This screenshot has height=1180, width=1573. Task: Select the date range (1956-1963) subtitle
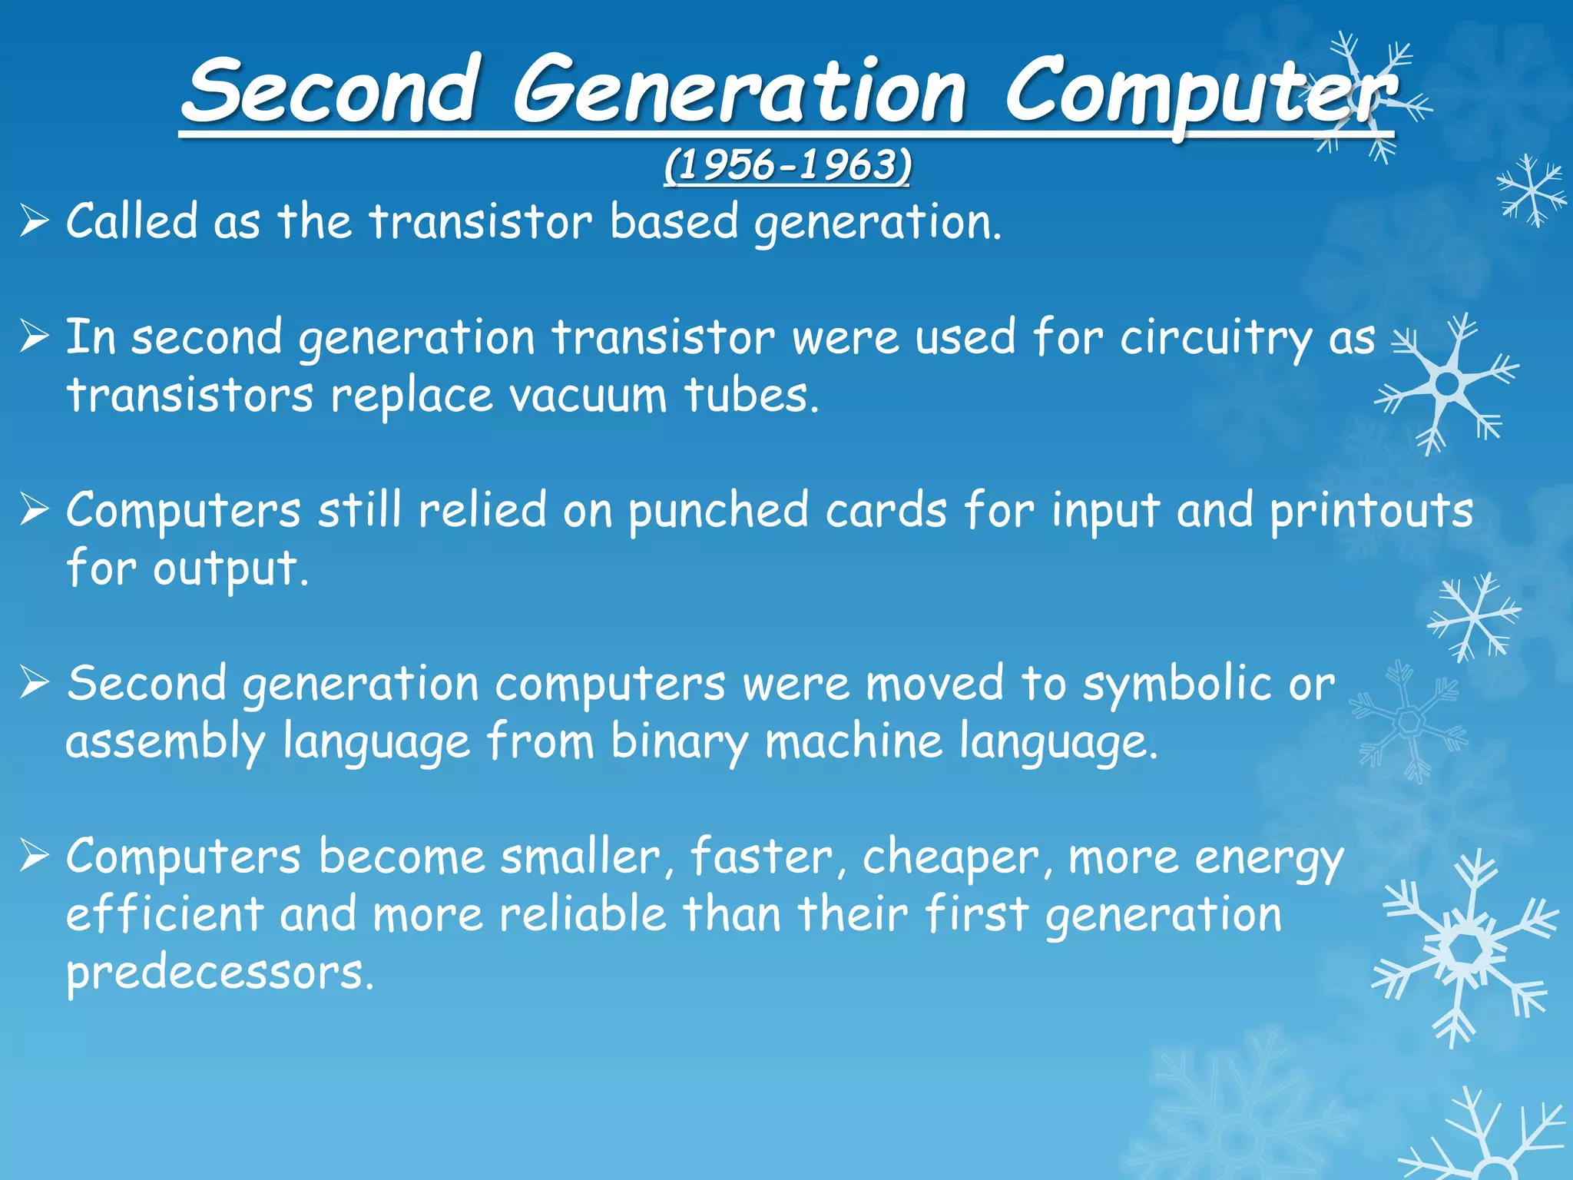pyautogui.click(x=787, y=165)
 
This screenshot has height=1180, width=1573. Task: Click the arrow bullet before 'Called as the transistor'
pyautogui.click(x=35, y=222)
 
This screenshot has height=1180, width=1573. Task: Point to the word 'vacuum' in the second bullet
pyautogui.click(x=588, y=395)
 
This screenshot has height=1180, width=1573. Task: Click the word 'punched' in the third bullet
pyautogui.click(x=718, y=511)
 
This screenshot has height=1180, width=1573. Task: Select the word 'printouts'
pyautogui.click(x=1371, y=511)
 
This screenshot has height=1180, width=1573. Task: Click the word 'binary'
pyautogui.click(x=679, y=742)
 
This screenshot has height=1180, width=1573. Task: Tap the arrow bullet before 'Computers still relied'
pyautogui.click(x=35, y=509)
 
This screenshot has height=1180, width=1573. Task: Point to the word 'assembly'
pyautogui.click(x=166, y=742)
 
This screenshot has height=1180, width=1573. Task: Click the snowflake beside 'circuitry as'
pyautogui.click(x=1448, y=383)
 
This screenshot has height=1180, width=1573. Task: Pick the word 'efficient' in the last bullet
pyautogui.click(x=165, y=914)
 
